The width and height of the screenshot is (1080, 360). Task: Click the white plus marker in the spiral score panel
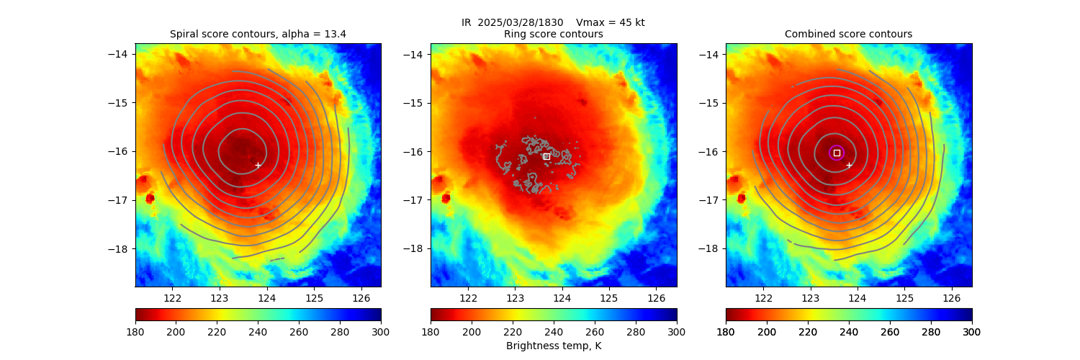(x=258, y=165)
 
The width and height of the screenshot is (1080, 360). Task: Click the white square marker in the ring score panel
(x=546, y=156)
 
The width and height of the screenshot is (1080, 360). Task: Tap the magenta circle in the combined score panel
(x=836, y=153)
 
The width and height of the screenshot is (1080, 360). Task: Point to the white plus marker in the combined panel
(x=849, y=165)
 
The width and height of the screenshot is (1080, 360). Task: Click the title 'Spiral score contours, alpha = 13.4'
(x=258, y=34)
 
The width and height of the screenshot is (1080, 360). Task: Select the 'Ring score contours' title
(x=553, y=34)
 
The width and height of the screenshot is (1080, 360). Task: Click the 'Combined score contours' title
(x=848, y=34)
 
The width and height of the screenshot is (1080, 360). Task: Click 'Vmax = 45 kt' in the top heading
(x=611, y=22)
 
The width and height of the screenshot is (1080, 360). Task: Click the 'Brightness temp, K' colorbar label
(x=553, y=346)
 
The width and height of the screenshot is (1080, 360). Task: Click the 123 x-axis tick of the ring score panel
(x=515, y=297)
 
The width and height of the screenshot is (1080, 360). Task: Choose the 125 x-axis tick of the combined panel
(x=904, y=297)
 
